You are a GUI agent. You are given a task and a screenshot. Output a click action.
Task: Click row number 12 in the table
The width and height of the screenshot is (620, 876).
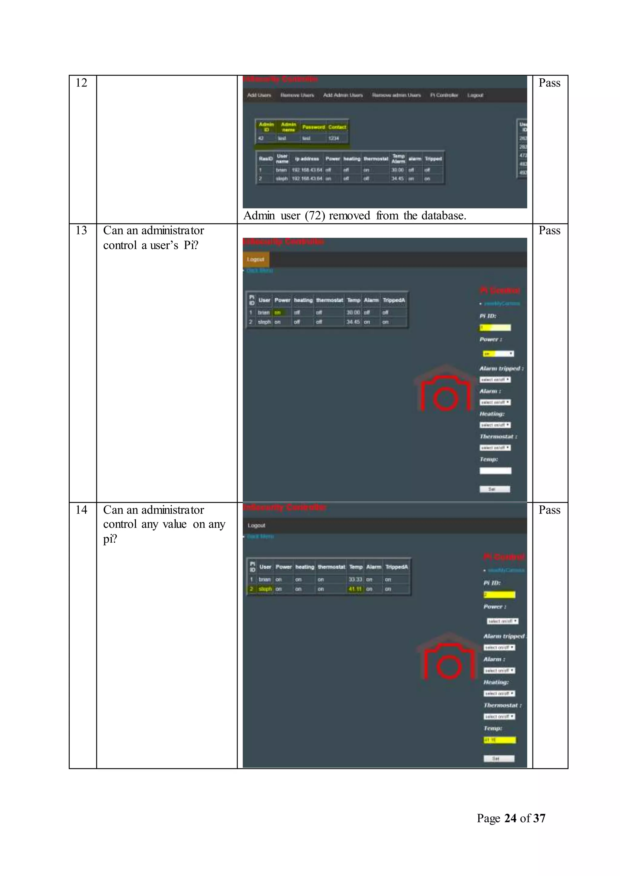[81, 83]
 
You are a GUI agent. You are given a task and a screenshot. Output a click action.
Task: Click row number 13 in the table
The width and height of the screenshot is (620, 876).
[81, 230]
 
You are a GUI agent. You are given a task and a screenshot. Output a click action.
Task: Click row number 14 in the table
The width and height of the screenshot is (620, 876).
[81, 510]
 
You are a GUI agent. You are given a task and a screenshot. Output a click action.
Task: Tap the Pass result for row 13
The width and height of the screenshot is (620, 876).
[549, 230]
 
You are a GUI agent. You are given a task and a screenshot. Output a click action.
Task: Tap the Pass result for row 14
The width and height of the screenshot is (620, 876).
[549, 510]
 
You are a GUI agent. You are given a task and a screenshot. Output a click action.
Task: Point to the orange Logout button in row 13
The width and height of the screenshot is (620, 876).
[256, 260]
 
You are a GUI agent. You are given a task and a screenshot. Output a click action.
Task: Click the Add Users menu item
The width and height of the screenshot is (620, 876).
[259, 95]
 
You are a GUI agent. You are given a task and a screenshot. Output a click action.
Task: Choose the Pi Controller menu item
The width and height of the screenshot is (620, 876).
[444, 95]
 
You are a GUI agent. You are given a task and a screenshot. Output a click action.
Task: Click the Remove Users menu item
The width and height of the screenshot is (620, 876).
[297, 95]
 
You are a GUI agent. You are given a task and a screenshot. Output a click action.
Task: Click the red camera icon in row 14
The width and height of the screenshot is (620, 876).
[449, 661]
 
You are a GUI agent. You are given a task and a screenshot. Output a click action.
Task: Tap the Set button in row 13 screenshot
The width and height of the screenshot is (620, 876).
[495, 489]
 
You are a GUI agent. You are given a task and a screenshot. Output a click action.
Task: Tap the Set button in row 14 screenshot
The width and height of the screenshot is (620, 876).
[499, 759]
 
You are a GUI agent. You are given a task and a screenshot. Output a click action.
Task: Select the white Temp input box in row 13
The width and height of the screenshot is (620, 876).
[495, 471]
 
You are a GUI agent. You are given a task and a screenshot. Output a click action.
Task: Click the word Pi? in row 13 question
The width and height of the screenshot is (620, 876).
[191, 245]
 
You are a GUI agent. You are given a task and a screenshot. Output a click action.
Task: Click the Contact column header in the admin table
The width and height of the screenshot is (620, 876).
[337, 127]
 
